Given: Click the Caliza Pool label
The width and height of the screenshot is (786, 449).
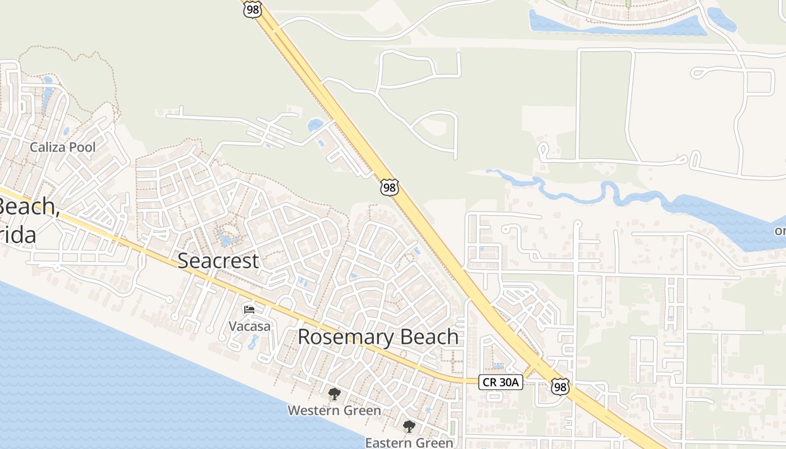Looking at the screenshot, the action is pos(62,148).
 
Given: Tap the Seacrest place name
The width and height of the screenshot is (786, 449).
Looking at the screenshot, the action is pos(218,261).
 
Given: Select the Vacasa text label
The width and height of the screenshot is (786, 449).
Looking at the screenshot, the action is pos(249,326).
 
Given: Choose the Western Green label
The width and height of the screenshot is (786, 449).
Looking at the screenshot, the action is pos(334,411).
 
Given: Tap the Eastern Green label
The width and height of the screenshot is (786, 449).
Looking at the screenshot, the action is pos(409,443).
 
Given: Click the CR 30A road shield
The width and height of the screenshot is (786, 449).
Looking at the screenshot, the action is pos(501,383).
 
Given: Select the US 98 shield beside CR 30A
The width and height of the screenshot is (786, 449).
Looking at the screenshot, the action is pos(560,386).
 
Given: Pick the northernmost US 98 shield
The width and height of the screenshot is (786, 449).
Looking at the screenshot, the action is pos(252,9).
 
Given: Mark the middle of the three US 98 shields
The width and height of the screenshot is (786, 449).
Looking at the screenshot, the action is pos(389,187).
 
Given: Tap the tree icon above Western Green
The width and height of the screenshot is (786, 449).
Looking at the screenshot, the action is pos(334,394).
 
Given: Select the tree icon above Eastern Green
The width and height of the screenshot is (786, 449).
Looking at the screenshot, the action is pos(409,427).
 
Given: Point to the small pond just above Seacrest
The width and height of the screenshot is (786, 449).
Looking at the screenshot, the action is pos(227,240).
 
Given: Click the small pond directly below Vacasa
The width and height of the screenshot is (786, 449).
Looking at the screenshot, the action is pos(253,342).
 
